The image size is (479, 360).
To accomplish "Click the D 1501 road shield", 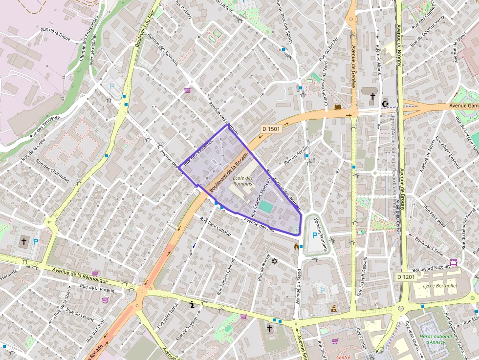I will (x=271, y=129).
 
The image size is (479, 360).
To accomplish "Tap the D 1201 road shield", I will (x=406, y=277).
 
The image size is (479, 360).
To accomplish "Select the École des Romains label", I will (x=242, y=181).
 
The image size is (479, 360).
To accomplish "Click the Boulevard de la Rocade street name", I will (x=229, y=172).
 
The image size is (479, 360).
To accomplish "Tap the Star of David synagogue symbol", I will (x=274, y=262).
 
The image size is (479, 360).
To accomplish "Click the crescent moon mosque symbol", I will (x=386, y=104).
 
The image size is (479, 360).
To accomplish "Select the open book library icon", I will (x=337, y=107).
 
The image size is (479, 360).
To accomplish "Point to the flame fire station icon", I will (x=296, y=247).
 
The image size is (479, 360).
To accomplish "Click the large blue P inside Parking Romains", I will (x=314, y=236).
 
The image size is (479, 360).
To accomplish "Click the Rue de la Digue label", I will (x=55, y=35).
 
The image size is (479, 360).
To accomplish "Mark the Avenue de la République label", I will (x=80, y=276).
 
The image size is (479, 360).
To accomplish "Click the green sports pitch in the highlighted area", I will (x=266, y=207).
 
